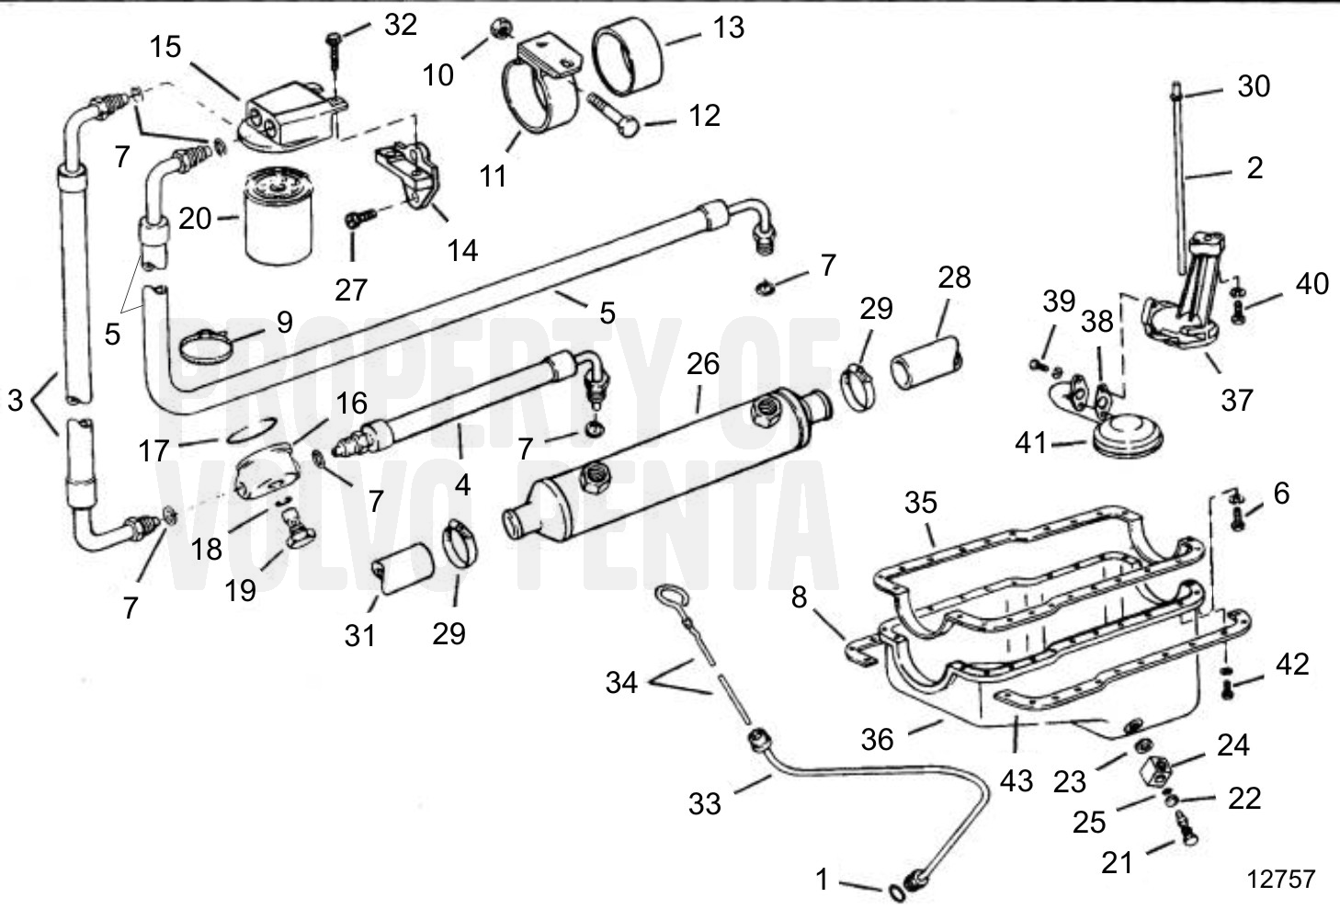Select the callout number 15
click(x=165, y=47)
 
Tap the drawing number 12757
click(x=1281, y=879)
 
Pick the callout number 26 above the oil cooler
click(x=702, y=364)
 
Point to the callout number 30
click(x=1254, y=85)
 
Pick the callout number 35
click(x=920, y=502)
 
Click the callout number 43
click(x=1016, y=780)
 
